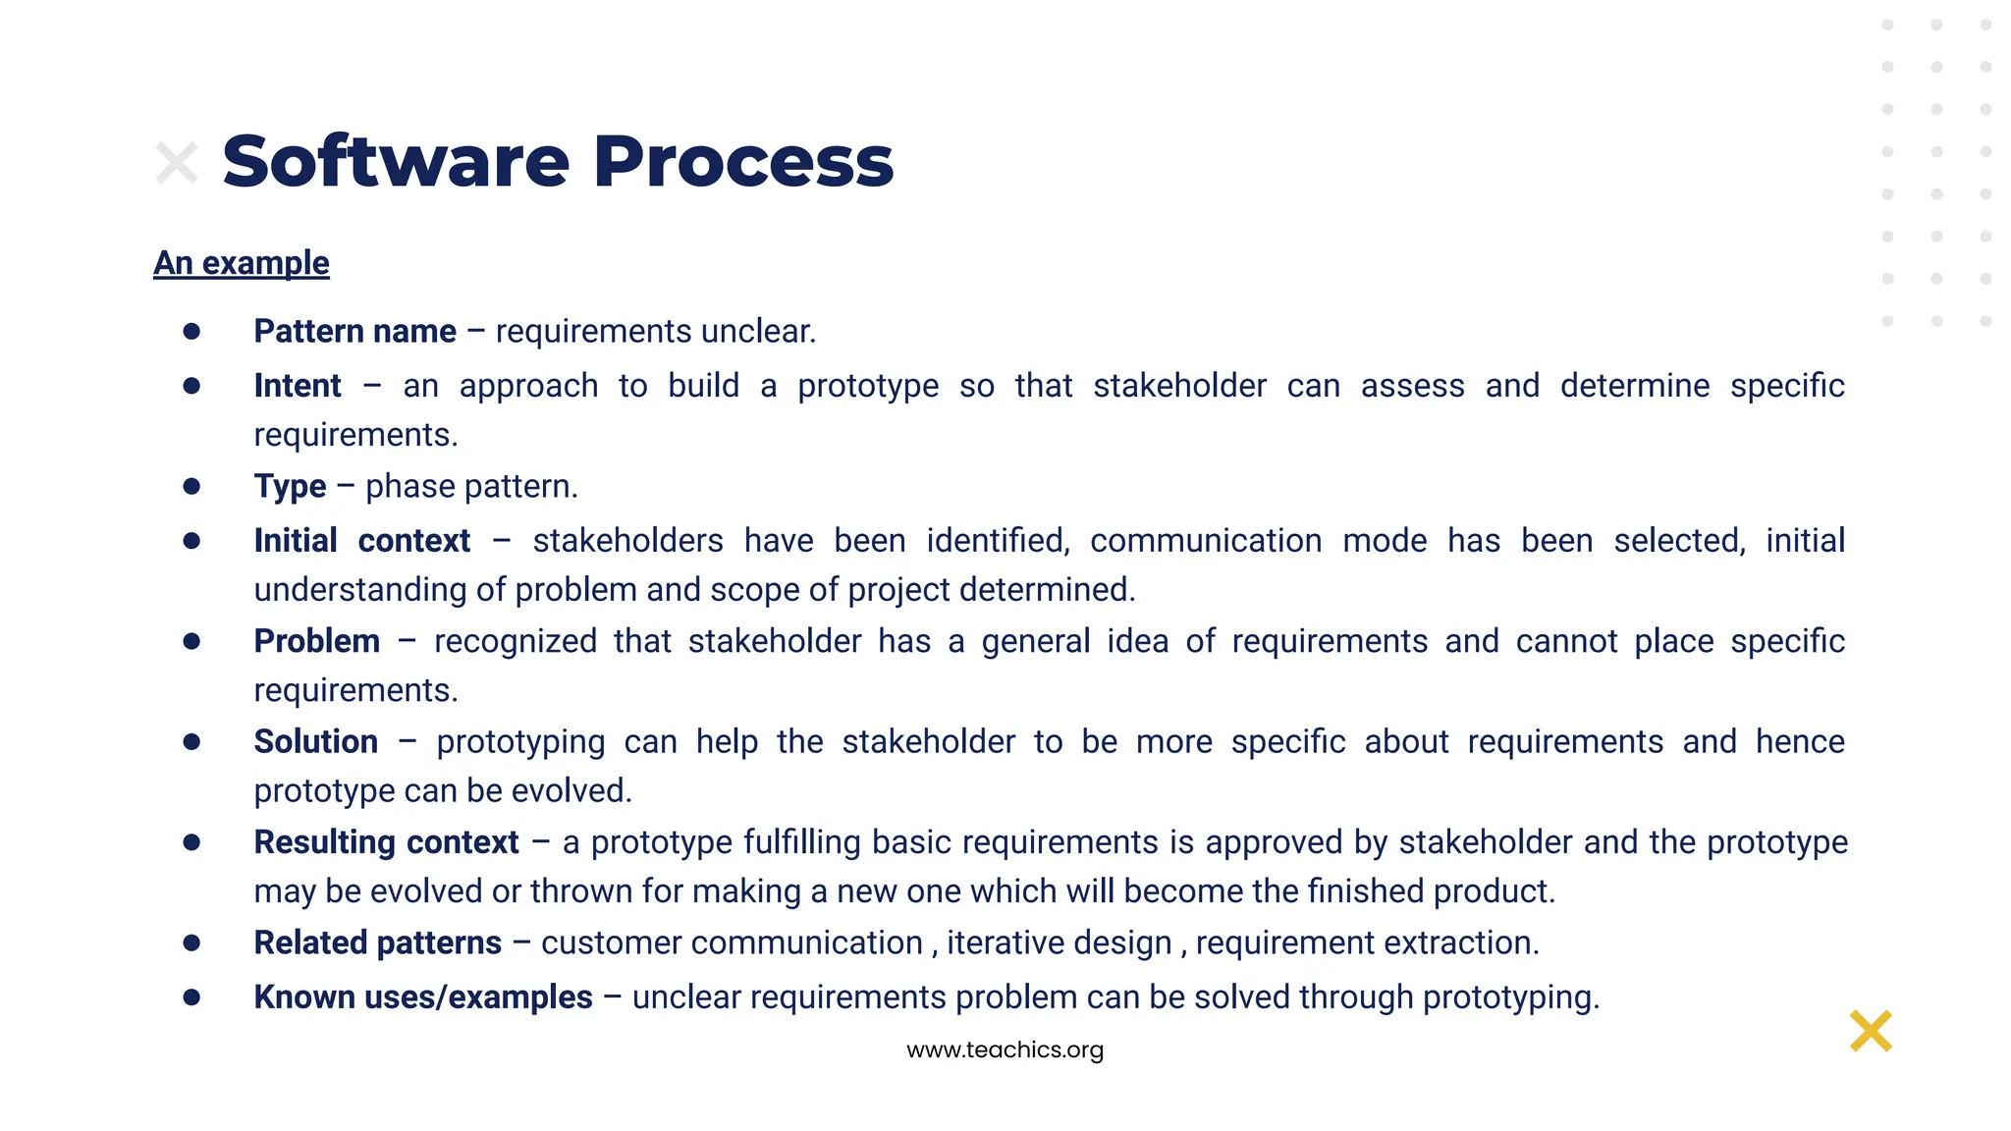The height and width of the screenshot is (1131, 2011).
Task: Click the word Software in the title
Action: (396, 162)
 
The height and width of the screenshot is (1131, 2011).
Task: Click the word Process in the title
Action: (743, 162)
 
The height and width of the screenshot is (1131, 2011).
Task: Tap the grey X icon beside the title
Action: (177, 163)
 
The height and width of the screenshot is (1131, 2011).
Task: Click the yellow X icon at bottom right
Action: (1870, 1031)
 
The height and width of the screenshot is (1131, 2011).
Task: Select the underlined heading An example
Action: (242, 263)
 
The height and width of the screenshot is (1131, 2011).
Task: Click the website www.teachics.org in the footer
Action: (1005, 1050)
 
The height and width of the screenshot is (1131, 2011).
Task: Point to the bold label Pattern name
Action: (354, 332)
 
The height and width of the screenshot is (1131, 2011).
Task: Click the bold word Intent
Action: (298, 386)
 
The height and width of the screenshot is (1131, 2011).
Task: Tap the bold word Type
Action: (290, 487)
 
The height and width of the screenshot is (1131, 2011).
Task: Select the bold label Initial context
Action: (361, 541)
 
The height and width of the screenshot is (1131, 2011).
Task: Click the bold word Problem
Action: (316, 641)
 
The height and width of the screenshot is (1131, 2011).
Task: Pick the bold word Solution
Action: (315, 741)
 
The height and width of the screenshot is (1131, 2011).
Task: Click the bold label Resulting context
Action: (386, 842)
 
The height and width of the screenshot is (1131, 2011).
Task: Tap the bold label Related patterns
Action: (377, 942)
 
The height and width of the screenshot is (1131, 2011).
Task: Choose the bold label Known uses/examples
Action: (422, 997)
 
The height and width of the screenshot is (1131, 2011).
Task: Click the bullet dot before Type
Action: (191, 486)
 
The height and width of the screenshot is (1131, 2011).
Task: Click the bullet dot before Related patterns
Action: (191, 942)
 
